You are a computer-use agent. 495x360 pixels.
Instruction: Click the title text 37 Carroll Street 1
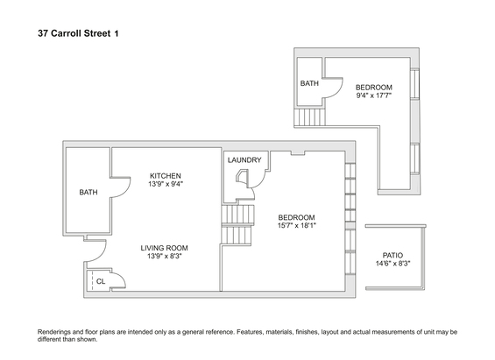point(78,33)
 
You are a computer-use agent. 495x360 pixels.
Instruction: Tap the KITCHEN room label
point(166,176)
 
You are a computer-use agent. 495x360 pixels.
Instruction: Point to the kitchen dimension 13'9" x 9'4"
point(166,184)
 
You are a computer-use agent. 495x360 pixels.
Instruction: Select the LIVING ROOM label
point(164,248)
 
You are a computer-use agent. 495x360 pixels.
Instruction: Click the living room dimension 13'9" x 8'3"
point(165,256)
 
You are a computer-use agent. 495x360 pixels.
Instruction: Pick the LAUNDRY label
point(244,160)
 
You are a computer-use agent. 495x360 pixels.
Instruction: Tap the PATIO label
point(392,255)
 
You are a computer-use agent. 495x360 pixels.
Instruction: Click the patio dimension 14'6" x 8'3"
point(392,264)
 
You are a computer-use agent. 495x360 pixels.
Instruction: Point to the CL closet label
point(101,281)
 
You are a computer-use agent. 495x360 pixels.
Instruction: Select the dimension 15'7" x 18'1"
point(297,226)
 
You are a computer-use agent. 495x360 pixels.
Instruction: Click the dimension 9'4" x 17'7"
point(374,95)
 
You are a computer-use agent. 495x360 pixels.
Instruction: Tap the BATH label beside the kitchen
point(88,192)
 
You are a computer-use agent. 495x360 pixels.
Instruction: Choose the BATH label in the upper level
point(309,83)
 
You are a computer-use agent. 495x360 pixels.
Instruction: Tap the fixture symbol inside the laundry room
point(242,177)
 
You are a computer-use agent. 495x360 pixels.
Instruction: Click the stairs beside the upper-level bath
point(309,117)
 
